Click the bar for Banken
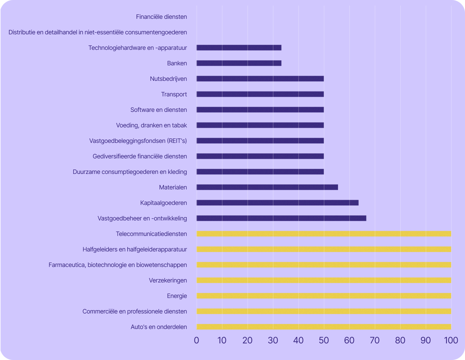239,63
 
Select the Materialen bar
267,187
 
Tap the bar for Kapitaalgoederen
278,203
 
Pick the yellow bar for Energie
324,296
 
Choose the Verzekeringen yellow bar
324,280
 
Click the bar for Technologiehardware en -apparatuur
239,48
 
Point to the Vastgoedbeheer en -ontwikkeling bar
281,218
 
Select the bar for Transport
260,94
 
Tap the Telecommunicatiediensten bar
324,234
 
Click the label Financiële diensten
161,17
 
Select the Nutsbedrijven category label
168,79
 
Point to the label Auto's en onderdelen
159,327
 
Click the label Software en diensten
159,110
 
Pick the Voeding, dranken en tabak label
151,125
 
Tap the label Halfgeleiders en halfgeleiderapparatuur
135,249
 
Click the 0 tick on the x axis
196,340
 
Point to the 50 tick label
324,340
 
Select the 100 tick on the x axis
451,340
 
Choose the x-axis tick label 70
375,340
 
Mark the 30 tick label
273,340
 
